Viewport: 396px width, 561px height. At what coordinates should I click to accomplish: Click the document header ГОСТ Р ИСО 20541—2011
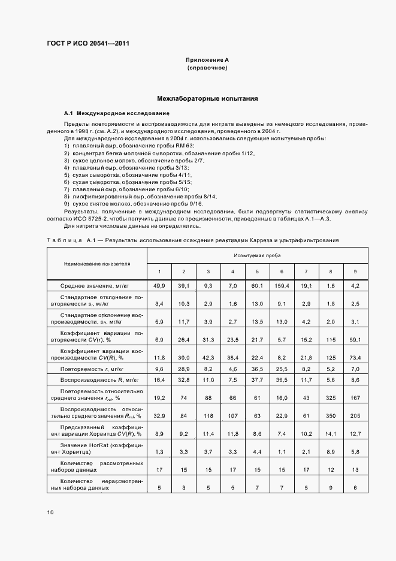point(87,44)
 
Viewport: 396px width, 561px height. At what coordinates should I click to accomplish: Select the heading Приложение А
point(207,61)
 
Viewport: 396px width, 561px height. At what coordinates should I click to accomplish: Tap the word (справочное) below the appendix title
point(207,68)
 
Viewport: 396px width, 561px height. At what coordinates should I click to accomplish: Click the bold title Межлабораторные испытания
point(207,98)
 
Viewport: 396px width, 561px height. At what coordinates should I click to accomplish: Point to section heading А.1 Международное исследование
point(116,113)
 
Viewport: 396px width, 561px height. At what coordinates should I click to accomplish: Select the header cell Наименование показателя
point(98,264)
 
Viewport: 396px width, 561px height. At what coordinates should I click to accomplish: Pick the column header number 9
point(355,272)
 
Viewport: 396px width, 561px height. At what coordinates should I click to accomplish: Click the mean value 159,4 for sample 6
point(282,286)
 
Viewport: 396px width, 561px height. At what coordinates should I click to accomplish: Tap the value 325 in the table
point(331,397)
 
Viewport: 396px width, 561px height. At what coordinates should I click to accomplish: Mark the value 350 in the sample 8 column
point(331,415)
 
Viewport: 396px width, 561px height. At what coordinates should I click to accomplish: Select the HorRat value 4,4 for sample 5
point(257,451)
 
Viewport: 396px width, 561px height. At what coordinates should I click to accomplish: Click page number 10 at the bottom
point(50,512)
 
